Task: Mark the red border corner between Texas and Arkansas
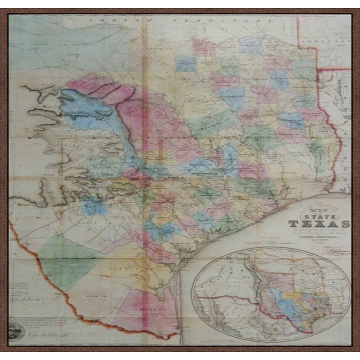pyautogui.click(x=318, y=69)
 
